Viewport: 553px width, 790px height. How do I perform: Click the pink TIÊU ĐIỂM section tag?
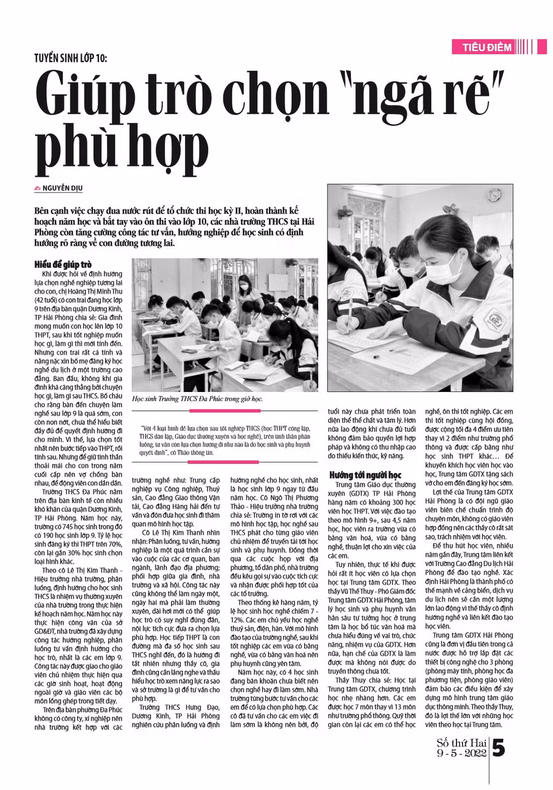[x=485, y=47]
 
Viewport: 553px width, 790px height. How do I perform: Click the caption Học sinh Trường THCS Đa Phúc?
[x=197, y=399]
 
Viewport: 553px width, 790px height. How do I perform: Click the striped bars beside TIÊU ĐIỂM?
[x=525, y=47]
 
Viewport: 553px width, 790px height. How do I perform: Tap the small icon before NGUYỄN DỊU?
[x=37, y=187]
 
